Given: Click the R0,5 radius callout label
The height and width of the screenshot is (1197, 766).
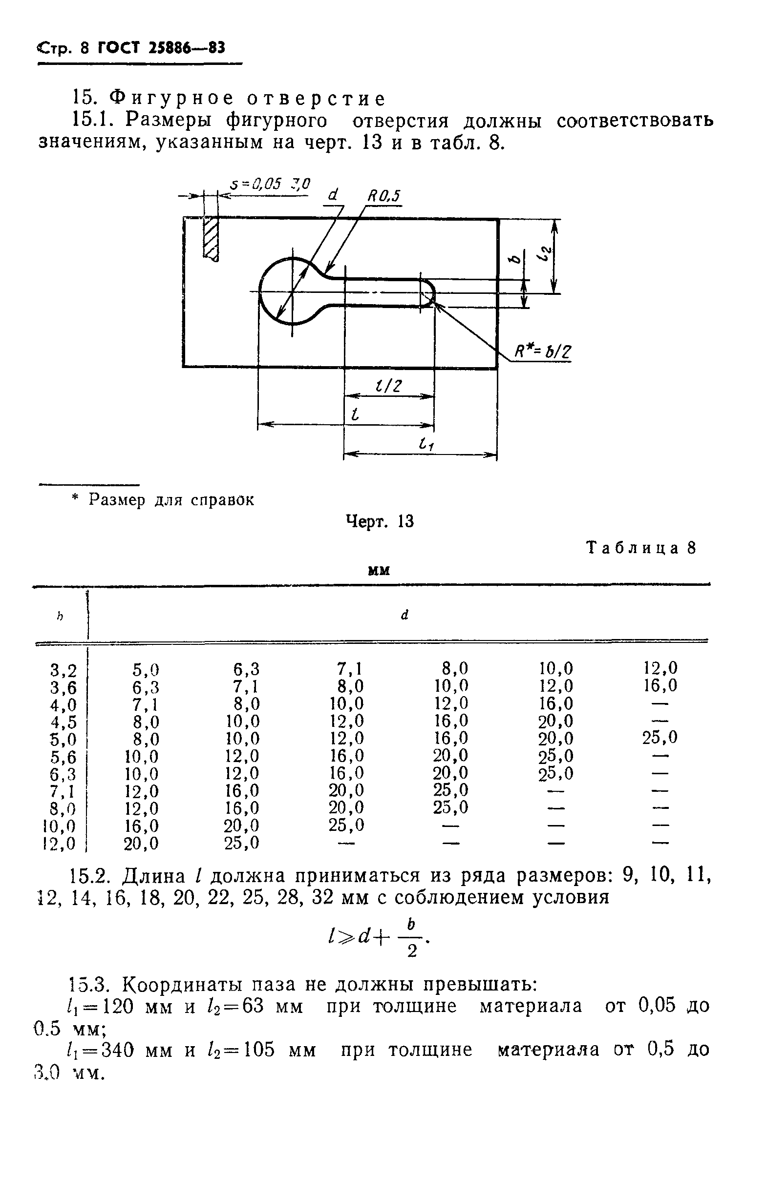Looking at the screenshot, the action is [383, 196].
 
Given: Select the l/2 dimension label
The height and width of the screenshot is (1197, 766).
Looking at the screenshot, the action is [389, 386].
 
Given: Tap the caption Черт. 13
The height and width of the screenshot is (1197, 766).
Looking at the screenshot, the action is [380, 521].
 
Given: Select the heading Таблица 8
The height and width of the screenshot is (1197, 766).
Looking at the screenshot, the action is [641, 548].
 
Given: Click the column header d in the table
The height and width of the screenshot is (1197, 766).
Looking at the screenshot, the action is [404, 615].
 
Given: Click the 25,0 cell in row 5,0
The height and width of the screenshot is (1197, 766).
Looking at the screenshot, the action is [660, 738].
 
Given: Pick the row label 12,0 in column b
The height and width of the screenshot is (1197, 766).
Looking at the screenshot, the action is [60, 844].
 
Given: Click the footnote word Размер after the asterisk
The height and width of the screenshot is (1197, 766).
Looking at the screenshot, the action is [117, 500].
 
